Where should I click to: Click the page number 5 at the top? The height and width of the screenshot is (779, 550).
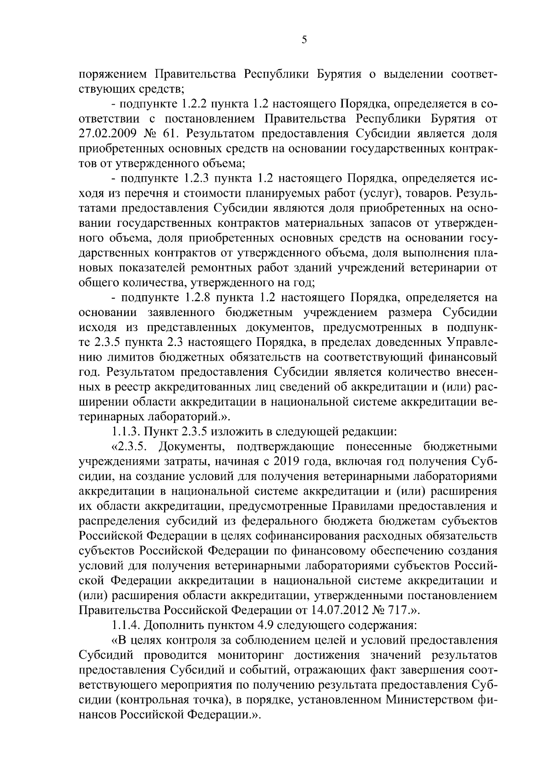[304, 40]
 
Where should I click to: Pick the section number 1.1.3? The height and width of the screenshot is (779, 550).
[126, 432]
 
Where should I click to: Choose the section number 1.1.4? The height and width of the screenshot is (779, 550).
[126, 625]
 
